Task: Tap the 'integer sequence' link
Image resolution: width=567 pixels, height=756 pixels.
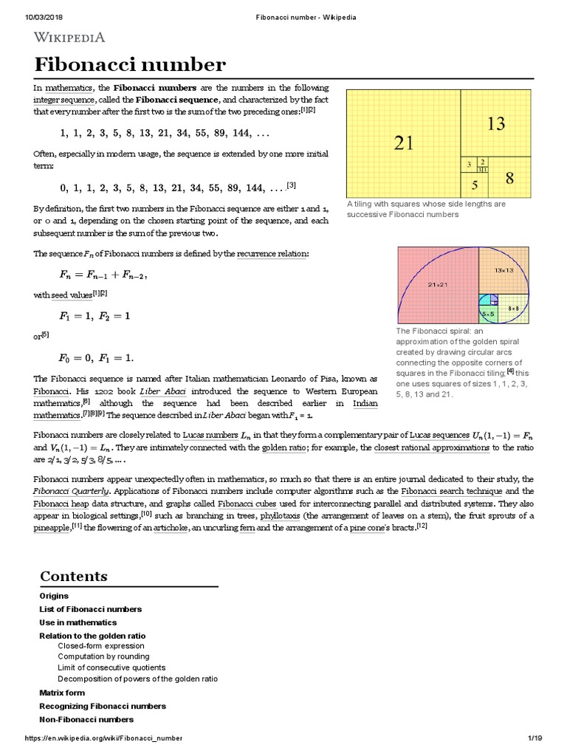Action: (64, 99)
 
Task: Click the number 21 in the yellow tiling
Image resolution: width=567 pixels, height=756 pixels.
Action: (404, 143)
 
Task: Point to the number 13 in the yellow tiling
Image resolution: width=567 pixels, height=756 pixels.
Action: (496, 124)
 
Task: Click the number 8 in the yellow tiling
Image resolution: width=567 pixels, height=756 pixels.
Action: (509, 178)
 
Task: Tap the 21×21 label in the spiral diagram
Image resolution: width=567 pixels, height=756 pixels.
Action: (439, 283)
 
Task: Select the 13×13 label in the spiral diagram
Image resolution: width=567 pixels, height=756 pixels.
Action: (504, 271)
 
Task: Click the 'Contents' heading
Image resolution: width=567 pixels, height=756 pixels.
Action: (73, 577)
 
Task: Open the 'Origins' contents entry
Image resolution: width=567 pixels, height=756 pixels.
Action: (54, 596)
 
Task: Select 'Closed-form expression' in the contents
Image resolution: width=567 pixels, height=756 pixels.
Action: (101, 645)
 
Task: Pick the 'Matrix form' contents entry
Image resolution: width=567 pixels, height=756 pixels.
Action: (62, 693)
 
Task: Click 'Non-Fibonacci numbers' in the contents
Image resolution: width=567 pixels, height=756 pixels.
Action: (86, 719)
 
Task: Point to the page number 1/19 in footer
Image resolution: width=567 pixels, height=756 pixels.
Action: (535, 738)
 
